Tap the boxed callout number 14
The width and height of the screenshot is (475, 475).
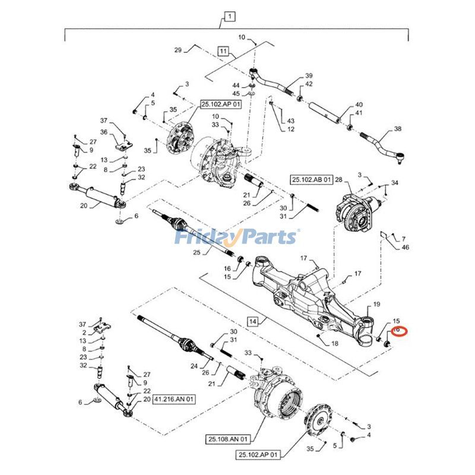[x=253, y=321]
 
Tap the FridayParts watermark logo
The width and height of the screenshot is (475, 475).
[x=236, y=237]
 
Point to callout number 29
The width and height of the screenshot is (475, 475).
[x=178, y=50]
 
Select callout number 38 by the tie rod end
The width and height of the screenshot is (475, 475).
[x=397, y=129]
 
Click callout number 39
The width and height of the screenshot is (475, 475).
[x=309, y=76]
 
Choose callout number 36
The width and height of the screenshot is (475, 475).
[x=103, y=132]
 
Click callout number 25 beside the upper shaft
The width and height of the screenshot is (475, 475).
[x=197, y=253]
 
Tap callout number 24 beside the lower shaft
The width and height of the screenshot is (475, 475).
[x=194, y=366]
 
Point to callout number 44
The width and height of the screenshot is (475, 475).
[x=236, y=85]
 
